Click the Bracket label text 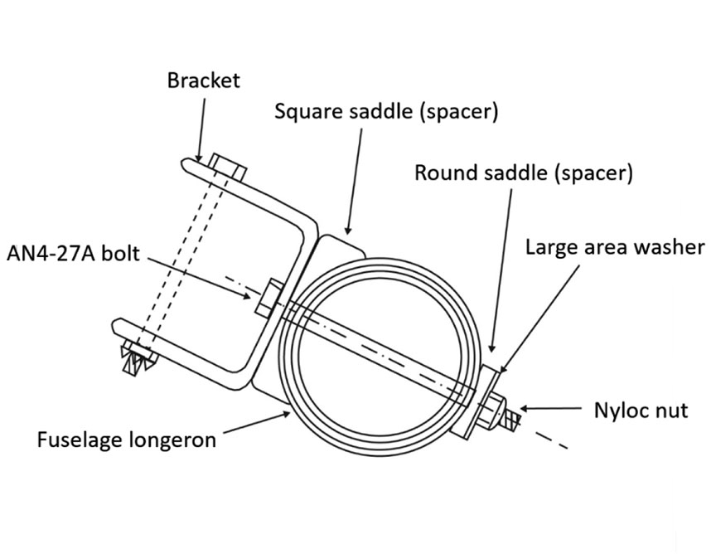[x=203, y=80]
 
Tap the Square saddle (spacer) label [x=386, y=111]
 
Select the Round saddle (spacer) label [x=523, y=173]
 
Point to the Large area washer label [x=614, y=246]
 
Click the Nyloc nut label [x=641, y=410]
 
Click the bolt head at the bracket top [x=227, y=166]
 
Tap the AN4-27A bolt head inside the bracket [x=268, y=299]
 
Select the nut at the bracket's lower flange [x=135, y=359]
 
